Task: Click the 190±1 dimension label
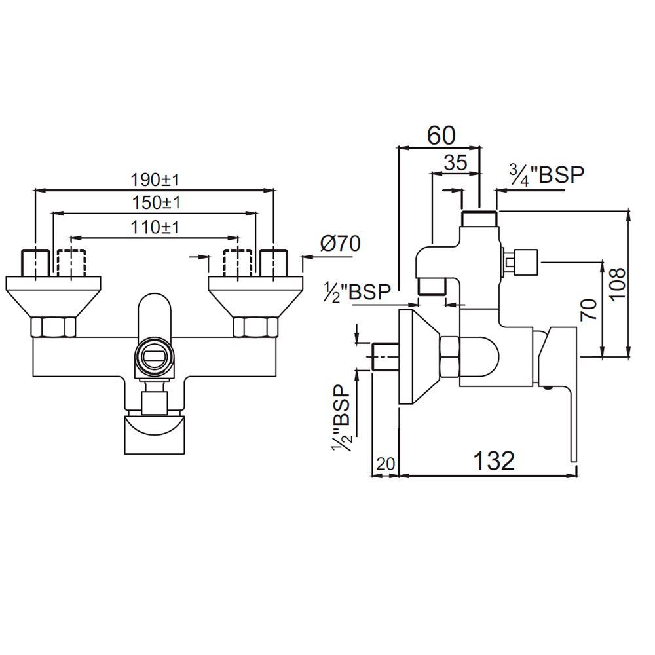click(x=155, y=179)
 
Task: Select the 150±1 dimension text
click(x=155, y=203)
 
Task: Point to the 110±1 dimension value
click(x=155, y=227)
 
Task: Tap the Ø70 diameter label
click(x=340, y=244)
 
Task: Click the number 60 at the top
click(x=440, y=136)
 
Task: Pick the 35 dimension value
click(x=455, y=163)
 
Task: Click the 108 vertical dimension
click(x=620, y=283)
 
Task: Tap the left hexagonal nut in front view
click(x=54, y=326)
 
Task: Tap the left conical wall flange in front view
click(x=54, y=295)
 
